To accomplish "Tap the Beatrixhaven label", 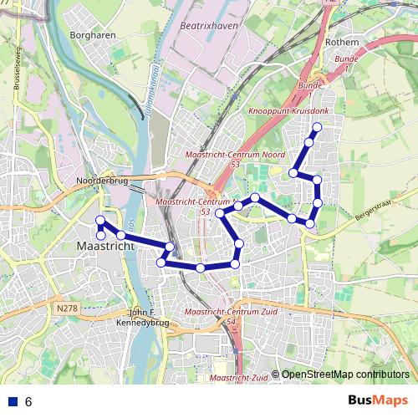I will pyautogui.click(x=206, y=27).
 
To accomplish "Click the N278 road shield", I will pyautogui.click(x=68, y=308).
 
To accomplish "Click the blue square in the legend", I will pyautogui.click(x=12, y=401).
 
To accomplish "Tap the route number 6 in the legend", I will pyautogui.click(x=28, y=401).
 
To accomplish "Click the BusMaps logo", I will pyautogui.click(x=378, y=400).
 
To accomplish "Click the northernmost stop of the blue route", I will pyautogui.click(x=317, y=127).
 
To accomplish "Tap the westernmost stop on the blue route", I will pyautogui.click(x=99, y=221).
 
